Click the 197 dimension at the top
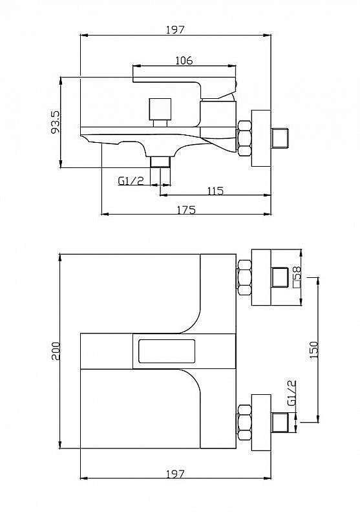175,30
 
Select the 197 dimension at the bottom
175,474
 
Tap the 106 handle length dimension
184,60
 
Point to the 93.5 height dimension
56,121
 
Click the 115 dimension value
215,191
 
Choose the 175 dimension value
186,209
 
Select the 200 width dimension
56,351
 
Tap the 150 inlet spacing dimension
314,350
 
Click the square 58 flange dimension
297,277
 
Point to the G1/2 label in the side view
131,181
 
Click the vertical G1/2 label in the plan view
291,393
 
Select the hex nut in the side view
244,138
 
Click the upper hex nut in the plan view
244,277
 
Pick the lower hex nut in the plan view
244,423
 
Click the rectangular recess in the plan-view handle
167,351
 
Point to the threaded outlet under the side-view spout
160,162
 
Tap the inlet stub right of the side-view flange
280,138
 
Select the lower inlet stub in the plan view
280,423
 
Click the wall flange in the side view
261,138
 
